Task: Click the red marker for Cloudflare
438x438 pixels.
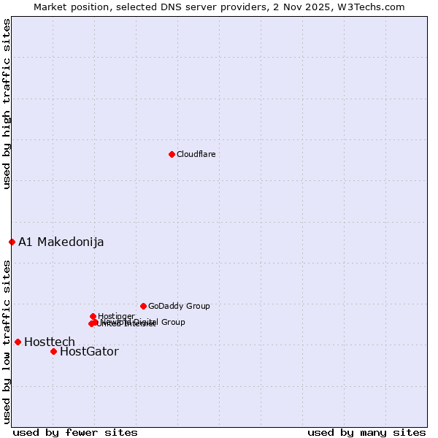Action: pos(172,154)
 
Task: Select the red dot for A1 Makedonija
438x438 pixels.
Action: pos(12,242)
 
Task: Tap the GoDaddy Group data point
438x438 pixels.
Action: pos(143,306)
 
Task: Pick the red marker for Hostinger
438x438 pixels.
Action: pos(93,316)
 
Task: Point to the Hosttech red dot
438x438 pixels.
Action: pos(18,342)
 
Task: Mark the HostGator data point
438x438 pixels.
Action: pos(53,351)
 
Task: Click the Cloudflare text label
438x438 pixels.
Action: pos(196,154)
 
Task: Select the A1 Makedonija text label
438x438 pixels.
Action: pos(61,242)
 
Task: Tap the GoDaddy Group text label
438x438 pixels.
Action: pos(179,306)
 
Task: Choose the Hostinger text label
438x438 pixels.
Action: pos(116,316)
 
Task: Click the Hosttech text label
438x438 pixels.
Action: pos(50,342)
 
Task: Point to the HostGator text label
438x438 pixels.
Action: pos(89,351)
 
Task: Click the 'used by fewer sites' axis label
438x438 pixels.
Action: pos(75,432)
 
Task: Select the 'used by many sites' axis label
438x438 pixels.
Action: pos(366,432)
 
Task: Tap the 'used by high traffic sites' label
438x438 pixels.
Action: pos(7,104)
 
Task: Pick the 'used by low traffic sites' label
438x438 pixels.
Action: pos(7,342)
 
